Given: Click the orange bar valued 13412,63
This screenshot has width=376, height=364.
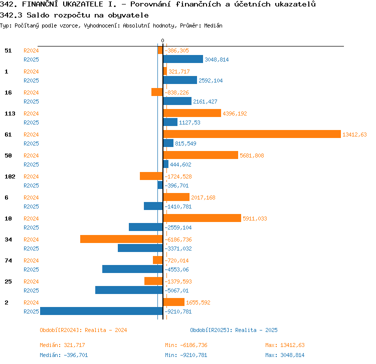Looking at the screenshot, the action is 252,134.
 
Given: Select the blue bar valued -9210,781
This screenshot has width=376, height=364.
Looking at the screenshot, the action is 101,311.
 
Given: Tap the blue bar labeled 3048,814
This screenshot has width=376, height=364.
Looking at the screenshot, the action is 183,59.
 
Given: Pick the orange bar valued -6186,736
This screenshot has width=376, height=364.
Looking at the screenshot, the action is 121,239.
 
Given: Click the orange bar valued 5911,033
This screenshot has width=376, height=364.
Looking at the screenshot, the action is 202,218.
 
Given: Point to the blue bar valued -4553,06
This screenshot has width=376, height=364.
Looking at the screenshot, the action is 133,269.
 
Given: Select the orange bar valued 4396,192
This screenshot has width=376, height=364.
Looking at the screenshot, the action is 192,113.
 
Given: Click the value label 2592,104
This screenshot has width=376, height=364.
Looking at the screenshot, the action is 211,80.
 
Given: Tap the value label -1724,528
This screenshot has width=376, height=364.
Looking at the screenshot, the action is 178,176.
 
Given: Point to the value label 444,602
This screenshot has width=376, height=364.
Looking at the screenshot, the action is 180,164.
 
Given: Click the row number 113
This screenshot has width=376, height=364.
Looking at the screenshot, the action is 10,113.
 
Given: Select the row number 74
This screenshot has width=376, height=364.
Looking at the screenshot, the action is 8,260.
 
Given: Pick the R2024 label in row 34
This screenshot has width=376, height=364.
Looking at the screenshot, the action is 31,239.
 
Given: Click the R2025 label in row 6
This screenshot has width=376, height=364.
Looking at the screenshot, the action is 31,206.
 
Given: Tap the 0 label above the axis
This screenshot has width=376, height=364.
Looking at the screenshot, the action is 162,40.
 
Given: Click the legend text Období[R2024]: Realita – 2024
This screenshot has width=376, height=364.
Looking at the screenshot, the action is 83,330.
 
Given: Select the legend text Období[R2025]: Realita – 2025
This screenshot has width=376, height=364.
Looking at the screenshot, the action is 234,330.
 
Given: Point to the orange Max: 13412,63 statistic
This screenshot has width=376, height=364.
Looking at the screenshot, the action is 285,345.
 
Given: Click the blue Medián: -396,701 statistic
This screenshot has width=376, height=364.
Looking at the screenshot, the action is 64,355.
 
